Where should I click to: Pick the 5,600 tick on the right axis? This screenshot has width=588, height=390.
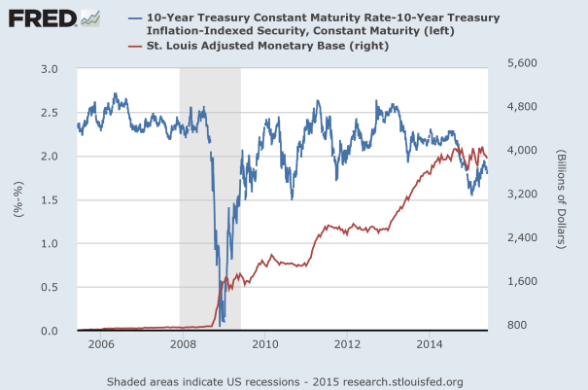click(523, 63)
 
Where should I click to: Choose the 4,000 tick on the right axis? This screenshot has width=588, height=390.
click(523, 151)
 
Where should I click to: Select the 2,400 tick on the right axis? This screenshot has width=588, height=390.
click(523, 238)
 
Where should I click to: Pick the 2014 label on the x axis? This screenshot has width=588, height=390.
click(429, 344)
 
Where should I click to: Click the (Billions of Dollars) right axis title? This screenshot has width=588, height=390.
click(563, 200)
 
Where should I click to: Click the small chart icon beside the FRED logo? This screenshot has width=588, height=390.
click(89, 18)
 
